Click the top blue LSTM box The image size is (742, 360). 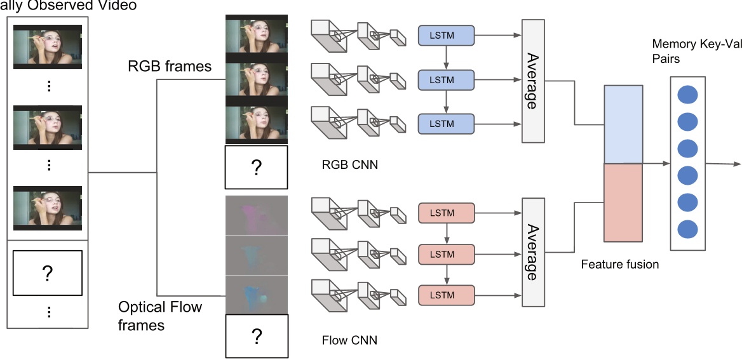coord(446,36)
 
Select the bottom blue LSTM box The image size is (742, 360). coord(446,123)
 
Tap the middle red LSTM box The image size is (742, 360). coord(446,254)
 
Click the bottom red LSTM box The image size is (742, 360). coord(446,295)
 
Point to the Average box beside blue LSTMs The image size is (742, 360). coord(534,80)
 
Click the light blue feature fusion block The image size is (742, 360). coord(623,124)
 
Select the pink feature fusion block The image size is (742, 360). coord(623,203)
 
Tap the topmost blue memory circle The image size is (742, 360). coord(687,96)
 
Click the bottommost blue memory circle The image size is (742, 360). coord(687,229)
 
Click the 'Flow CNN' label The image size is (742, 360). coord(349,340)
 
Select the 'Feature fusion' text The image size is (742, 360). coord(619,263)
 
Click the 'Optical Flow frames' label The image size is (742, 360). coord(160,316)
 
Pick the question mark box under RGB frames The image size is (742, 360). coord(257,168)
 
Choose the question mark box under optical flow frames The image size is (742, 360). coord(257,337)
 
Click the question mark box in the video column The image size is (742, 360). coord(47,274)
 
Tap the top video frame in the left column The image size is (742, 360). coord(48,46)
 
